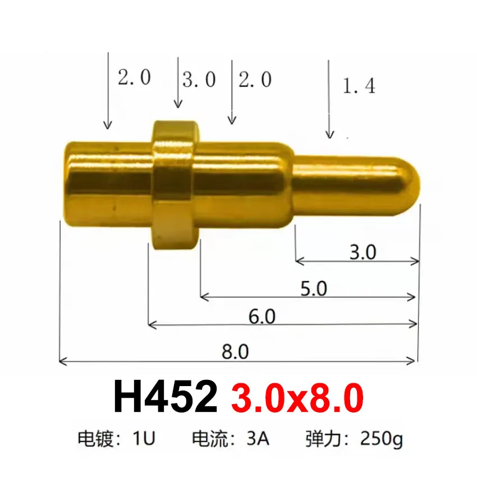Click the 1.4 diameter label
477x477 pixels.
[x=359, y=86]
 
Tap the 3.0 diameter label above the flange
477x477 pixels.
[x=199, y=80]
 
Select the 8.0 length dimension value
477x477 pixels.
[x=235, y=352]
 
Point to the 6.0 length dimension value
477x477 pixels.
[x=262, y=317]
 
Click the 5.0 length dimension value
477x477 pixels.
[x=313, y=289]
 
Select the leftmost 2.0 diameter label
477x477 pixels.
[x=134, y=77]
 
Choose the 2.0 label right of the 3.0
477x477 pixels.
[x=255, y=80]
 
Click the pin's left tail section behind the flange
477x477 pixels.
[x=107, y=182]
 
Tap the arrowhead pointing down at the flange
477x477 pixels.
[x=178, y=104]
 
